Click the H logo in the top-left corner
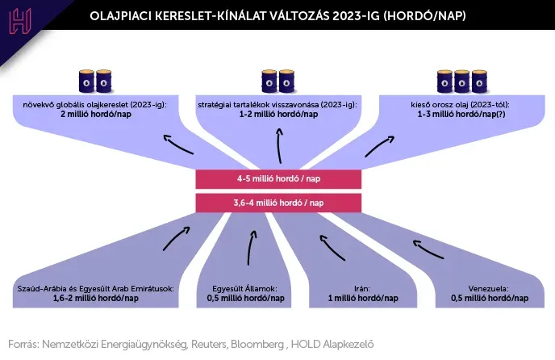pyautogui.click(x=20, y=21)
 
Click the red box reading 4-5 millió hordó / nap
pyautogui.click(x=278, y=179)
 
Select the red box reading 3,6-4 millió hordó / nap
pyautogui.click(x=278, y=203)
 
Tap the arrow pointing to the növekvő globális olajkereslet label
pyautogui.click(x=178, y=144)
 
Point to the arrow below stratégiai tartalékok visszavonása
pyautogui.click(x=279, y=145)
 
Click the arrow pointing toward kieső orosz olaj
pyautogui.click(x=380, y=146)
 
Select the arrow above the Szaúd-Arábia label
pyautogui.click(x=177, y=238)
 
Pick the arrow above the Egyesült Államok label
pyautogui.click(x=252, y=248)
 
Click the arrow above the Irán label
pyautogui.click(x=332, y=247)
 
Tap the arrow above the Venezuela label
pyautogui.click(x=428, y=249)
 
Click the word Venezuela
pyautogui.click(x=489, y=289)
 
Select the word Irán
pyautogui.click(x=362, y=289)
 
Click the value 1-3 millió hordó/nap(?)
pyautogui.click(x=461, y=114)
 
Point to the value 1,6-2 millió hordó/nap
pyautogui.click(x=95, y=298)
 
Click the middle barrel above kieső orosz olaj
pyautogui.click(x=462, y=82)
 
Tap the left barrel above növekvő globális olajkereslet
pyautogui.click(x=86, y=82)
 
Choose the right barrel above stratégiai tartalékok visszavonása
pyautogui.click(x=286, y=82)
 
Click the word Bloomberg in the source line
pyautogui.click(x=257, y=344)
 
